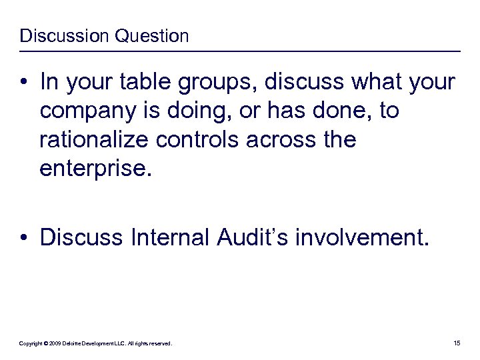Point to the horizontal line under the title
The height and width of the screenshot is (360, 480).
coord(240,51)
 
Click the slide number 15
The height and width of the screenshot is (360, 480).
coord(457,343)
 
